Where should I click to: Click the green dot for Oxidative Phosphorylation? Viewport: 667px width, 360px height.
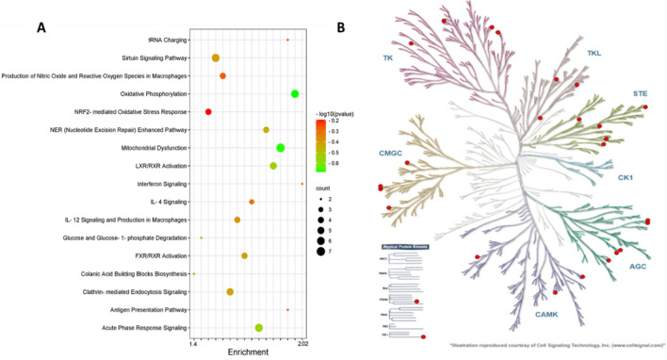pyautogui.click(x=295, y=94)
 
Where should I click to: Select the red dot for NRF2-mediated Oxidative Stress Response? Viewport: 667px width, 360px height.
pyautogui.click(x=208, y=112)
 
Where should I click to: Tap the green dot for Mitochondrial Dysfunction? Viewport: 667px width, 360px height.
pyautogui.click(x=281, y=148)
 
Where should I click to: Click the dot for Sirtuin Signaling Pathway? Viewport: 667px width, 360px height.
pyautogui.click(x=216, y=58)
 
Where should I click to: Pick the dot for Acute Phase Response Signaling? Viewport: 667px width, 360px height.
pyautogui.click(x=259, y=328)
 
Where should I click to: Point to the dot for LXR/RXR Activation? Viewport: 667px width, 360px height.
pyautogui.click(x=273, y=166)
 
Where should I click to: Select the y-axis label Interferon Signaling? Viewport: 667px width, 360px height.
pyautogui.click(x=155, y=184)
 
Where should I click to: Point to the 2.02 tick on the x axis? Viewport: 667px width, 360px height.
pyautogui.click(x=302, y=344)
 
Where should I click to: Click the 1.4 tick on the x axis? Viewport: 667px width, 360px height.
pyautogui.click(x=193, y=344)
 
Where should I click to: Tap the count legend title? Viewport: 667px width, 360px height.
pyautogui.click(x=326, y=188)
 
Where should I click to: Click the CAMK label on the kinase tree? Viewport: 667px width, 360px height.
pyautogui.click(x=550, y=314)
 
